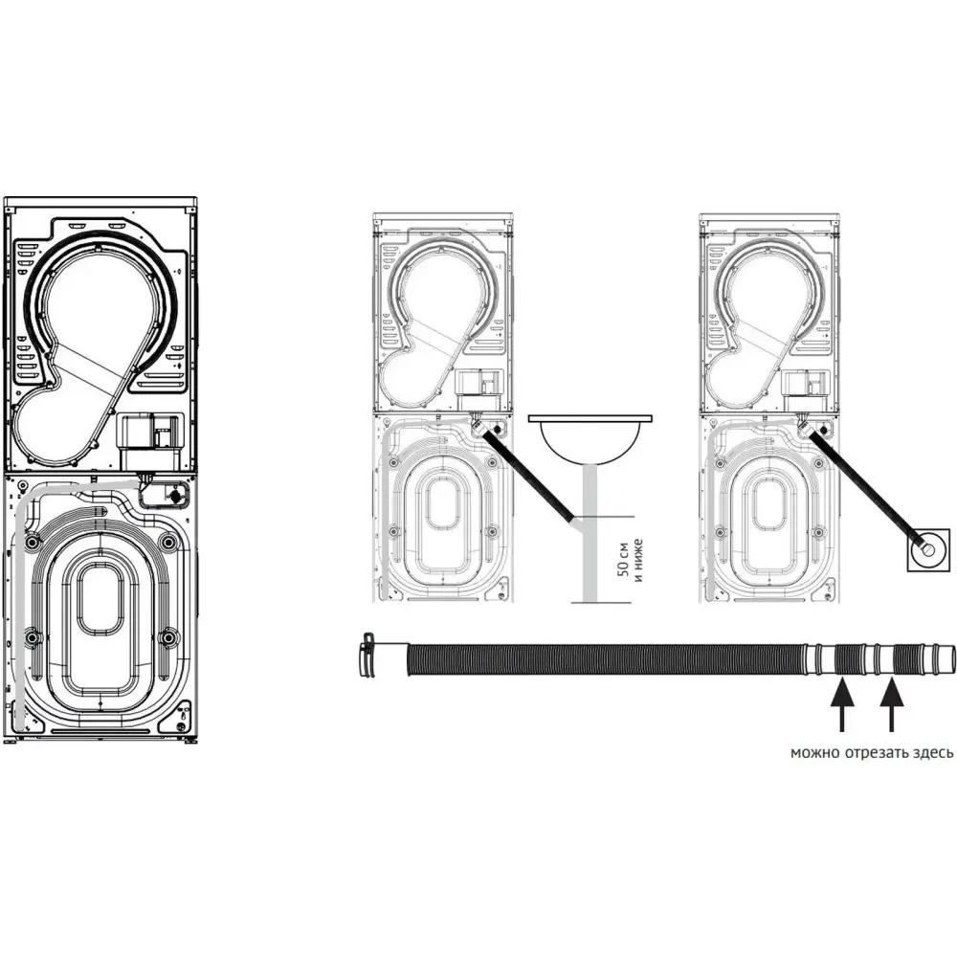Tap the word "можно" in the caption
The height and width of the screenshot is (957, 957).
coord(814,753)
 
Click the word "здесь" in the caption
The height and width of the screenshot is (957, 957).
coord(931,753)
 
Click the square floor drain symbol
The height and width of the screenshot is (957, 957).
coord(928,550)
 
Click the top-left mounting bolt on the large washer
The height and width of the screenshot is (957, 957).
coord(32,542)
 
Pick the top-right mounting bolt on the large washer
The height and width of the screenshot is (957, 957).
coord(167,542)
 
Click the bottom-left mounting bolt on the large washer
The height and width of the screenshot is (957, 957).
coord(32,637)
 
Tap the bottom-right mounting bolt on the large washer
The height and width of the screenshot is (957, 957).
coord(167,637)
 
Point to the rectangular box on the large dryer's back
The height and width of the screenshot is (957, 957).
coord(149,433)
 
